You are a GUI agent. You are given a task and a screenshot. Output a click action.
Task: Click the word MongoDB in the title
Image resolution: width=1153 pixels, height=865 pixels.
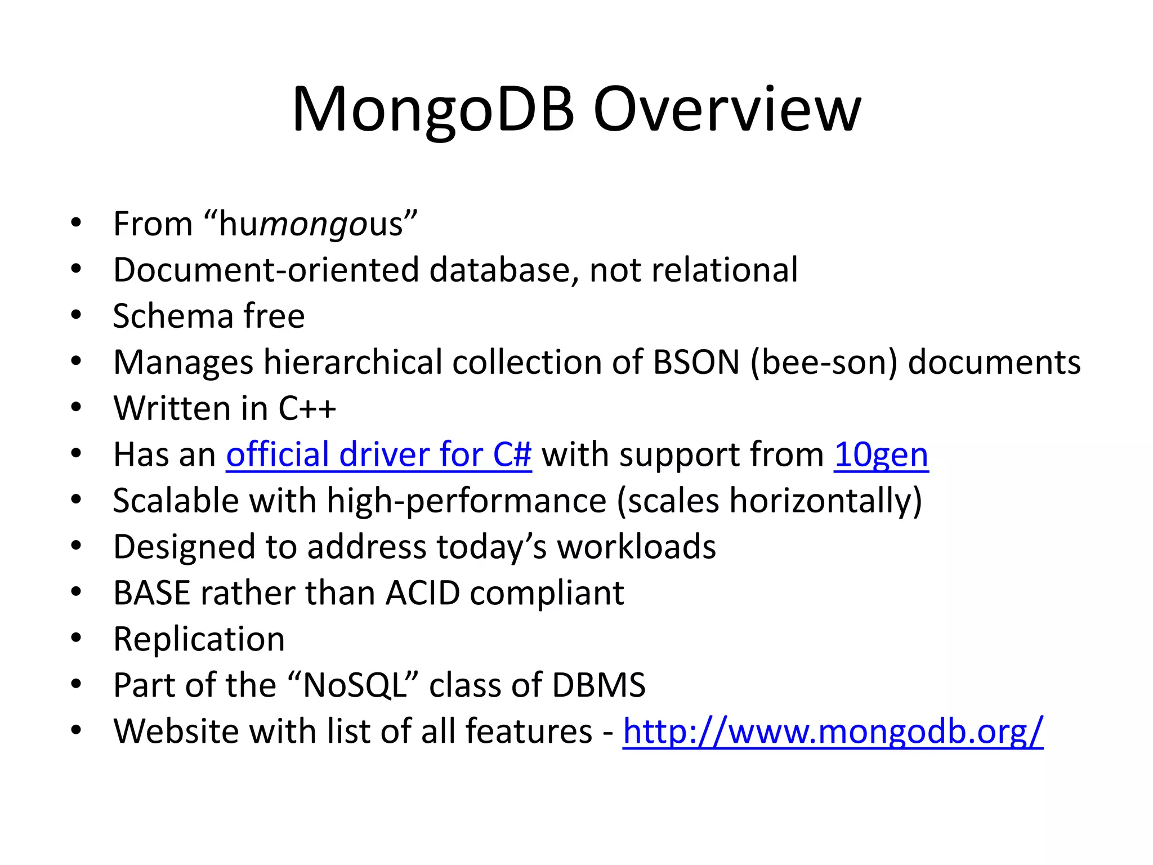(x=432, y=110)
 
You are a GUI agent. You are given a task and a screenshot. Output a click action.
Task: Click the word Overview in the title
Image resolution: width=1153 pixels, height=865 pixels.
(x=727, y=110)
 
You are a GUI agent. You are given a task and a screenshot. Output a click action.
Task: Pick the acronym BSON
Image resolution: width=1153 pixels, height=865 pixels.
(x=696, y=362)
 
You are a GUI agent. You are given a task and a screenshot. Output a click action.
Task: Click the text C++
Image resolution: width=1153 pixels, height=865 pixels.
(x=307, y=408)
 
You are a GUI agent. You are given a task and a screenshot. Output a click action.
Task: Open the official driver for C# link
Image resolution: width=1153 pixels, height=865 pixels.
(x=378, y=454)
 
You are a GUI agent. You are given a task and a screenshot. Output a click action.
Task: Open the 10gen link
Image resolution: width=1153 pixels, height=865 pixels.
(x=881, y=455)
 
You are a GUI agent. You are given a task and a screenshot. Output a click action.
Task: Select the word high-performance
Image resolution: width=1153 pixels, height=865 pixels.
(x=466, y=501)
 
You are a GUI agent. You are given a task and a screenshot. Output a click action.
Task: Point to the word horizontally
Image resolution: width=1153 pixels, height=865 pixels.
(x=825, y=501)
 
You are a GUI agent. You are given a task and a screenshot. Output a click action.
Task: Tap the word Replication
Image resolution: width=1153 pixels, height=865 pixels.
(x=199, y=639)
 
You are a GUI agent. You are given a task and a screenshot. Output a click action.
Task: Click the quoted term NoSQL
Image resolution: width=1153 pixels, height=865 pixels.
(x=354, y=685)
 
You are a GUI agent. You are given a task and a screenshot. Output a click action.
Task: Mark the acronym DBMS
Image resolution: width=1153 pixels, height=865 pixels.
(x=598, y=685)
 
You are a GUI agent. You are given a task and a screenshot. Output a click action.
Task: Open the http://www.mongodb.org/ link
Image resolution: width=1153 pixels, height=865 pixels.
(x=833, y=732)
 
